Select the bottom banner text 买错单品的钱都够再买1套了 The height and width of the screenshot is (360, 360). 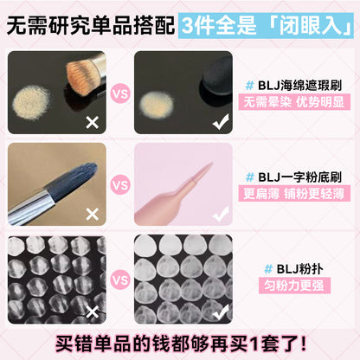[x=180, y=340]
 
